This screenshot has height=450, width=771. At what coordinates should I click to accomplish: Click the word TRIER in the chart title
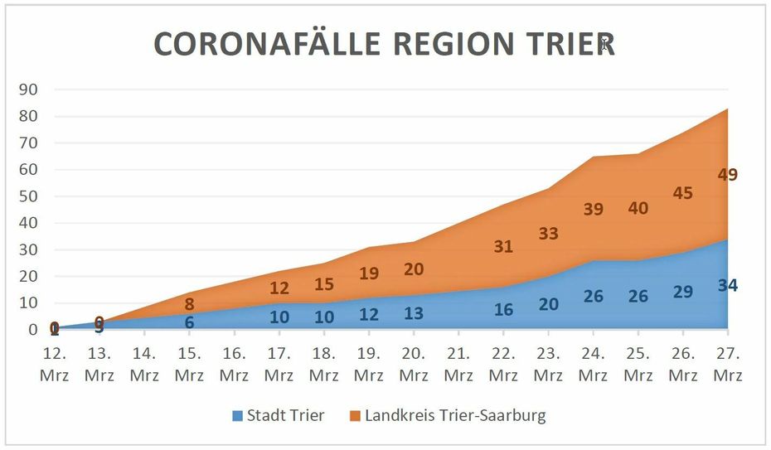[568, 45]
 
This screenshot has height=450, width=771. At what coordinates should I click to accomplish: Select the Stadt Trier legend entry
[277, 415]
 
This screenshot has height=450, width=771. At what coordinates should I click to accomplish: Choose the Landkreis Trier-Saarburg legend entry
[448, 415]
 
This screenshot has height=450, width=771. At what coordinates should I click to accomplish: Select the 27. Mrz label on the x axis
[727, 364]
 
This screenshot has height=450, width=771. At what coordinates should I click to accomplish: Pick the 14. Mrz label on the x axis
[144, 364]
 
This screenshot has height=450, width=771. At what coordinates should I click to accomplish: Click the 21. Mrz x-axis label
[458, 364]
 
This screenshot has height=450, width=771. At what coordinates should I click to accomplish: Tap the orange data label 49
[727, 175]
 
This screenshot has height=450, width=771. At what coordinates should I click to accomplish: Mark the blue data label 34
[727, 285]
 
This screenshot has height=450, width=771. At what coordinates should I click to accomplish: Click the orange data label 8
[189, 304]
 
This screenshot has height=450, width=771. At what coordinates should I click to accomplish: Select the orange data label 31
[503, 246]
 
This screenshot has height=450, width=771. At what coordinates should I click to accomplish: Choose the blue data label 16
[503, 310]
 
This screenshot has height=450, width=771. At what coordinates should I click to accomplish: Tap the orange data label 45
[682, 193]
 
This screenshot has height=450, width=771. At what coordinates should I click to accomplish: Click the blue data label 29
[682, 292]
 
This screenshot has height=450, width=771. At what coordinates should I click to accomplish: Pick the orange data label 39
[593, 210]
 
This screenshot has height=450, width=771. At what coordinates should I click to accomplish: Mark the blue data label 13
[414, 312]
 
